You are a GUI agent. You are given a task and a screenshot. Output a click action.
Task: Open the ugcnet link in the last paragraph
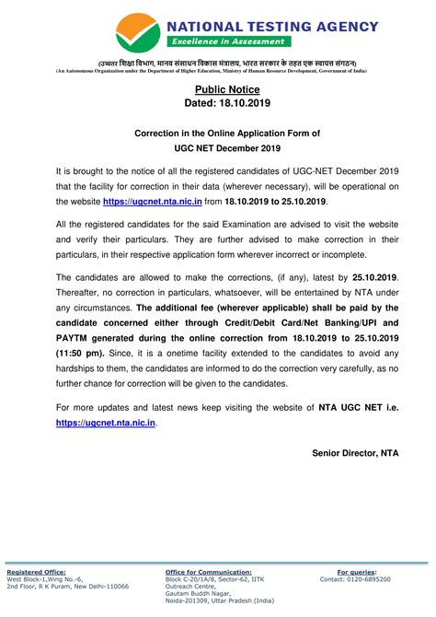tap(106, 422)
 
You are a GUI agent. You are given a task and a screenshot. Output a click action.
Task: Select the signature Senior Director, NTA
tap(333, 453)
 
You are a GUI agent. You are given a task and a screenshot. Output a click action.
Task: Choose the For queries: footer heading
tap(364, 572)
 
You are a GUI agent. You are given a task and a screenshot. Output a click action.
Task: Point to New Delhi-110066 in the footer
tap(95, 587)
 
